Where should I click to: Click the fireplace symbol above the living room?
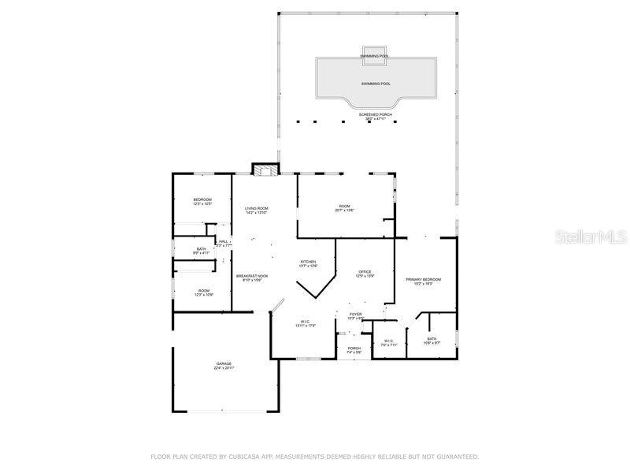(x=265, y=169)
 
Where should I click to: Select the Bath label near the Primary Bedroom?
(x=432, y=341)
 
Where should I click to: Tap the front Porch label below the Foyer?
(x=354, y=349)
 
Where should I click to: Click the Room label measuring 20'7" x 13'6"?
(x=344, y=208)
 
